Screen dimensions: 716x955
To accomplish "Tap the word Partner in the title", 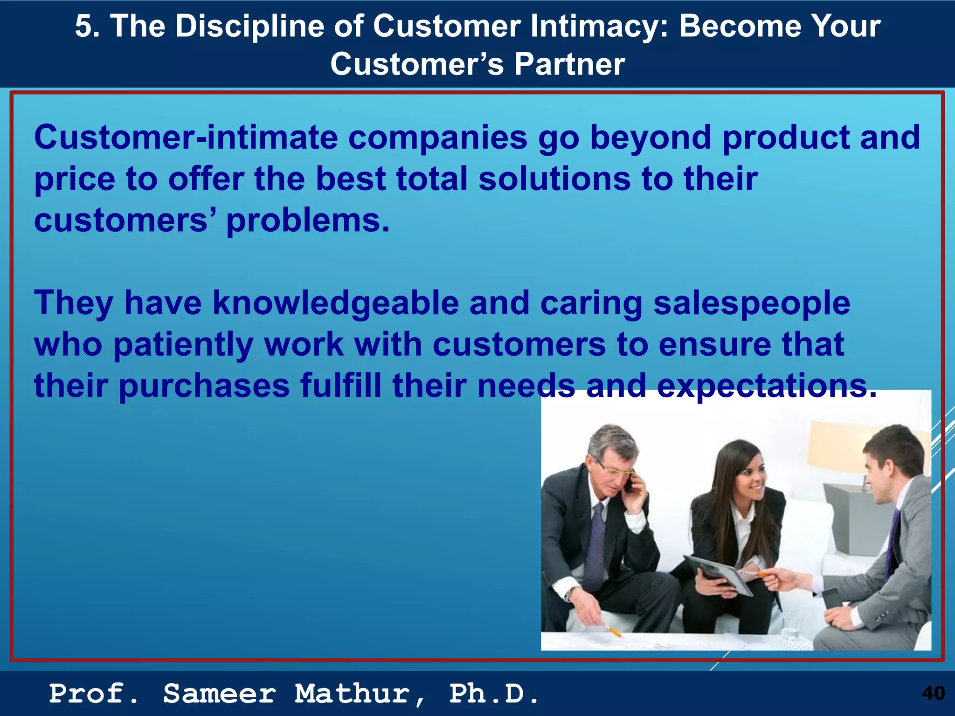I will coord(569,64).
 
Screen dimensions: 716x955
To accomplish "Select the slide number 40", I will coord(933,693).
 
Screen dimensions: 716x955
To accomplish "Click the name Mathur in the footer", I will coord(353,694).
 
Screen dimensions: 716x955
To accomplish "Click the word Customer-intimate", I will coord(186,138).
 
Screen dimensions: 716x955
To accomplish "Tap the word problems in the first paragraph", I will coord(308,221).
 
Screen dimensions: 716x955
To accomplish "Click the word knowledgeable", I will coord(336,303).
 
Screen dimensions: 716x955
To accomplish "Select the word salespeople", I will coord(752,303).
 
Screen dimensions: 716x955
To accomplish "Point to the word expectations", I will coord(767,386).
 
